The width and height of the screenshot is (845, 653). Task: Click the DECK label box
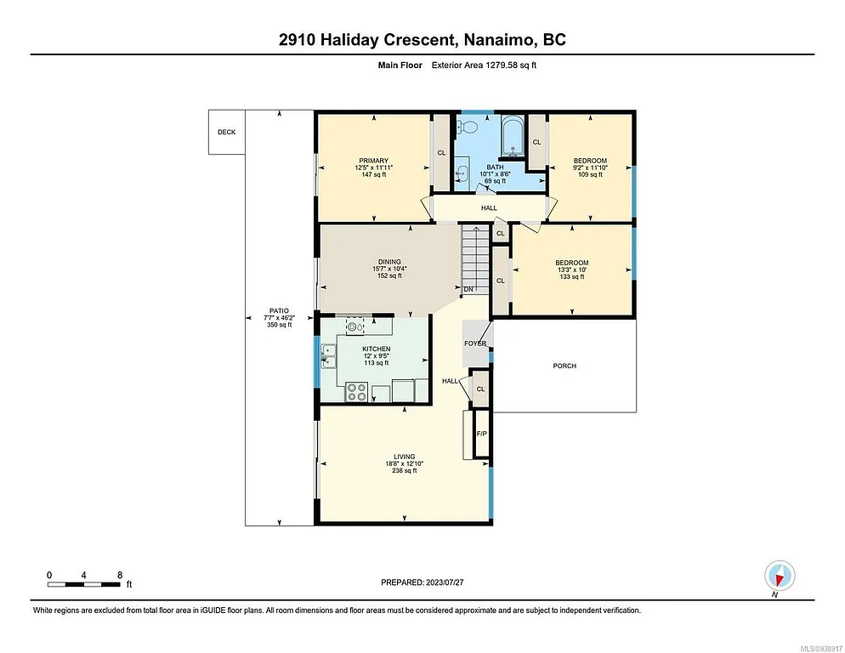pos(226,132)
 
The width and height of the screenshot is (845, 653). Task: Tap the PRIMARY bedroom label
pos(373,161)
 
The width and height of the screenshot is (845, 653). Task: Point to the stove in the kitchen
pos(357,392)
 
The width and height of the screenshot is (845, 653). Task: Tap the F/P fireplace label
pos(481,434)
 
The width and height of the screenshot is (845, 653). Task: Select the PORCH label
pos(564,366)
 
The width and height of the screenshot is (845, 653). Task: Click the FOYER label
pos(474,344)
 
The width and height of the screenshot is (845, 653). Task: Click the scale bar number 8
pos(119,575)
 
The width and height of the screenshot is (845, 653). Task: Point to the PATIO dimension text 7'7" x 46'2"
pos(279,317)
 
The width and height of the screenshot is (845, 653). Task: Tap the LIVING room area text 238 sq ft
pos(404,471)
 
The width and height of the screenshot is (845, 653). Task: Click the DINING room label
pos(388,262)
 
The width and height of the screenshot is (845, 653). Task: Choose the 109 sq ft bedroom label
pos(589,174)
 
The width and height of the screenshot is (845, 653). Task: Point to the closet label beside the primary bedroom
pos(441,153)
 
